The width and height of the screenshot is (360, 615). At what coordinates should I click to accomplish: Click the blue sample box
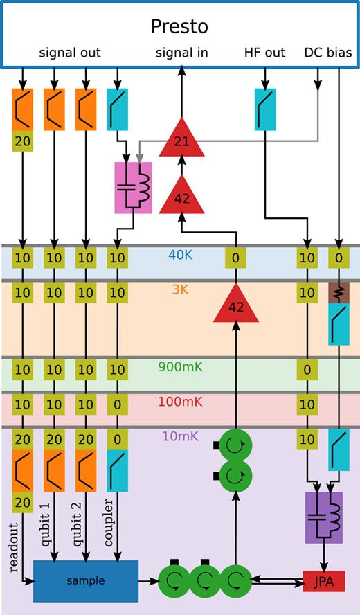pyautogui.click(x=86, y=580)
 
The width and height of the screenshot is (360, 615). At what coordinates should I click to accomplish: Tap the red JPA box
pyautogui.click(x=323, y=580)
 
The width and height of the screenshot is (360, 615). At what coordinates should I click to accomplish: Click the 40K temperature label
pyautogui.click(x=179, y=254)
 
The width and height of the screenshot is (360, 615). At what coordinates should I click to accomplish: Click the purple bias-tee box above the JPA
pyautogui.click(x=323, y=517)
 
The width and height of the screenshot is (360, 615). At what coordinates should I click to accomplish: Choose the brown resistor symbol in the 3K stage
pyautogui.click(x=339, y=293)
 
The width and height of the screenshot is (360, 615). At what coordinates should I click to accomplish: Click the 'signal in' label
pyautogui.click(x=181, y=53)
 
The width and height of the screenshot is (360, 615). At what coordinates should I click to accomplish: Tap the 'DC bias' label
pyautogui.click(x=327, y=53)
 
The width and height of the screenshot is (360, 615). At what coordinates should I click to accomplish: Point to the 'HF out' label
pyautogui.click(x=265, y=53)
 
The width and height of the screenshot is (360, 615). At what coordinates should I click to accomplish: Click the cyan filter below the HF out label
pyautogui.click(x=265, y=109)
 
